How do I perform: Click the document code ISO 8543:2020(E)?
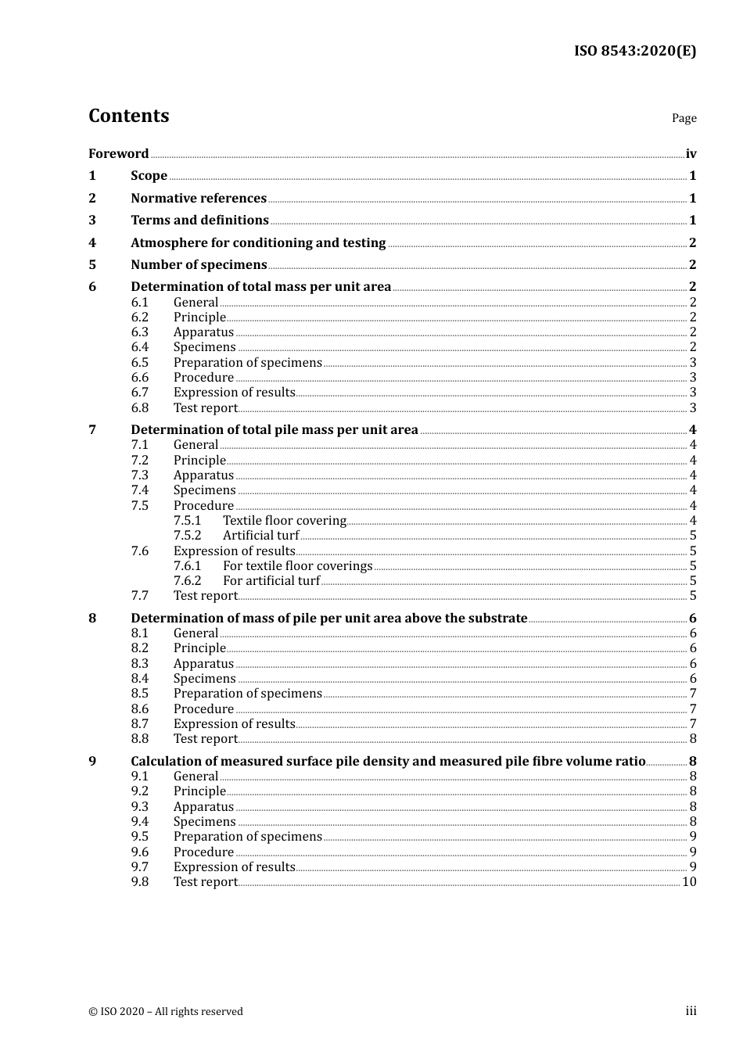[x=634, y=51]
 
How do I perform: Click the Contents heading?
[x=128, y=116]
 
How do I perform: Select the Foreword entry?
[x=118, y=154]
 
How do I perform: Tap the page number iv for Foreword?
[x=691, y=154]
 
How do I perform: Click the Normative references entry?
[x=199, y=199]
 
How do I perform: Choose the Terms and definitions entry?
[x=199, y=221]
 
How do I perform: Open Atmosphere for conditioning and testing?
[x=258, y=243]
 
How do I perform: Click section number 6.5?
[x=139, y=363]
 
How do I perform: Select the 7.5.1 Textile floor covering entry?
[x=284, y=521]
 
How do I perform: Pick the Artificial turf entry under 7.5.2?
[x=260, y=536]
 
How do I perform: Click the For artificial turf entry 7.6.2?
[x=271, y=581]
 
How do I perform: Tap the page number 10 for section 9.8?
[x=689, y=882]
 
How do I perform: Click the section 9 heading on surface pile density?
[x=388, y=762]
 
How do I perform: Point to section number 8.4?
[x=139, y=679]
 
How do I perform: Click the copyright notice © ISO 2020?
[x=166, y=1012]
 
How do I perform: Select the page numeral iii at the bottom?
[x=691, y=1011]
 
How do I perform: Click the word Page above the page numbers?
[x=684, y=118]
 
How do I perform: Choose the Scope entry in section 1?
[x=149, y=176]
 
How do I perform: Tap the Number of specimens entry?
[x=199, y=265]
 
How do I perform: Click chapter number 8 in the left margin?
[x=92, y=619]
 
